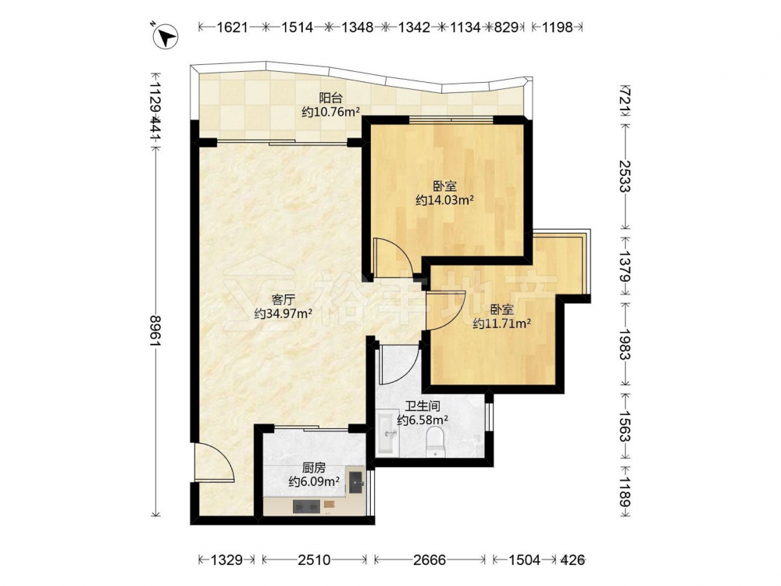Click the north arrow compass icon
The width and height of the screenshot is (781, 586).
166,37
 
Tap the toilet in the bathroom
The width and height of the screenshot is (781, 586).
435,441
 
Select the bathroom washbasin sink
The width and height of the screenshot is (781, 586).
387,432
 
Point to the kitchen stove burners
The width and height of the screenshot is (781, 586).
306,506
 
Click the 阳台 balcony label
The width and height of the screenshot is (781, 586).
330,98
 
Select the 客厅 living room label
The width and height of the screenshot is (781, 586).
283,299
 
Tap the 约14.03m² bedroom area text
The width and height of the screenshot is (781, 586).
444,200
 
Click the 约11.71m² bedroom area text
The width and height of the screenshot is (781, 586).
501,323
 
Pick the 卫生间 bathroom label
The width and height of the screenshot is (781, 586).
423,406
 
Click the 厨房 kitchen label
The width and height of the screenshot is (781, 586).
314,467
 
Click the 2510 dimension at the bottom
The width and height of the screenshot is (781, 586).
314,560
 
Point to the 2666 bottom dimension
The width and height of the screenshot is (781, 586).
430,560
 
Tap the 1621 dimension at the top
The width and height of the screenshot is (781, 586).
232,27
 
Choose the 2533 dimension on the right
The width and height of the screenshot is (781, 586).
625,176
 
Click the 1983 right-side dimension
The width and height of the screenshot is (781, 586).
625,343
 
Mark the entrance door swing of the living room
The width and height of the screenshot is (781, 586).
214,462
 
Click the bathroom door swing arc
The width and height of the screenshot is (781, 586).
398,364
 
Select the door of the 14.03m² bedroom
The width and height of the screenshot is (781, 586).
391,258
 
